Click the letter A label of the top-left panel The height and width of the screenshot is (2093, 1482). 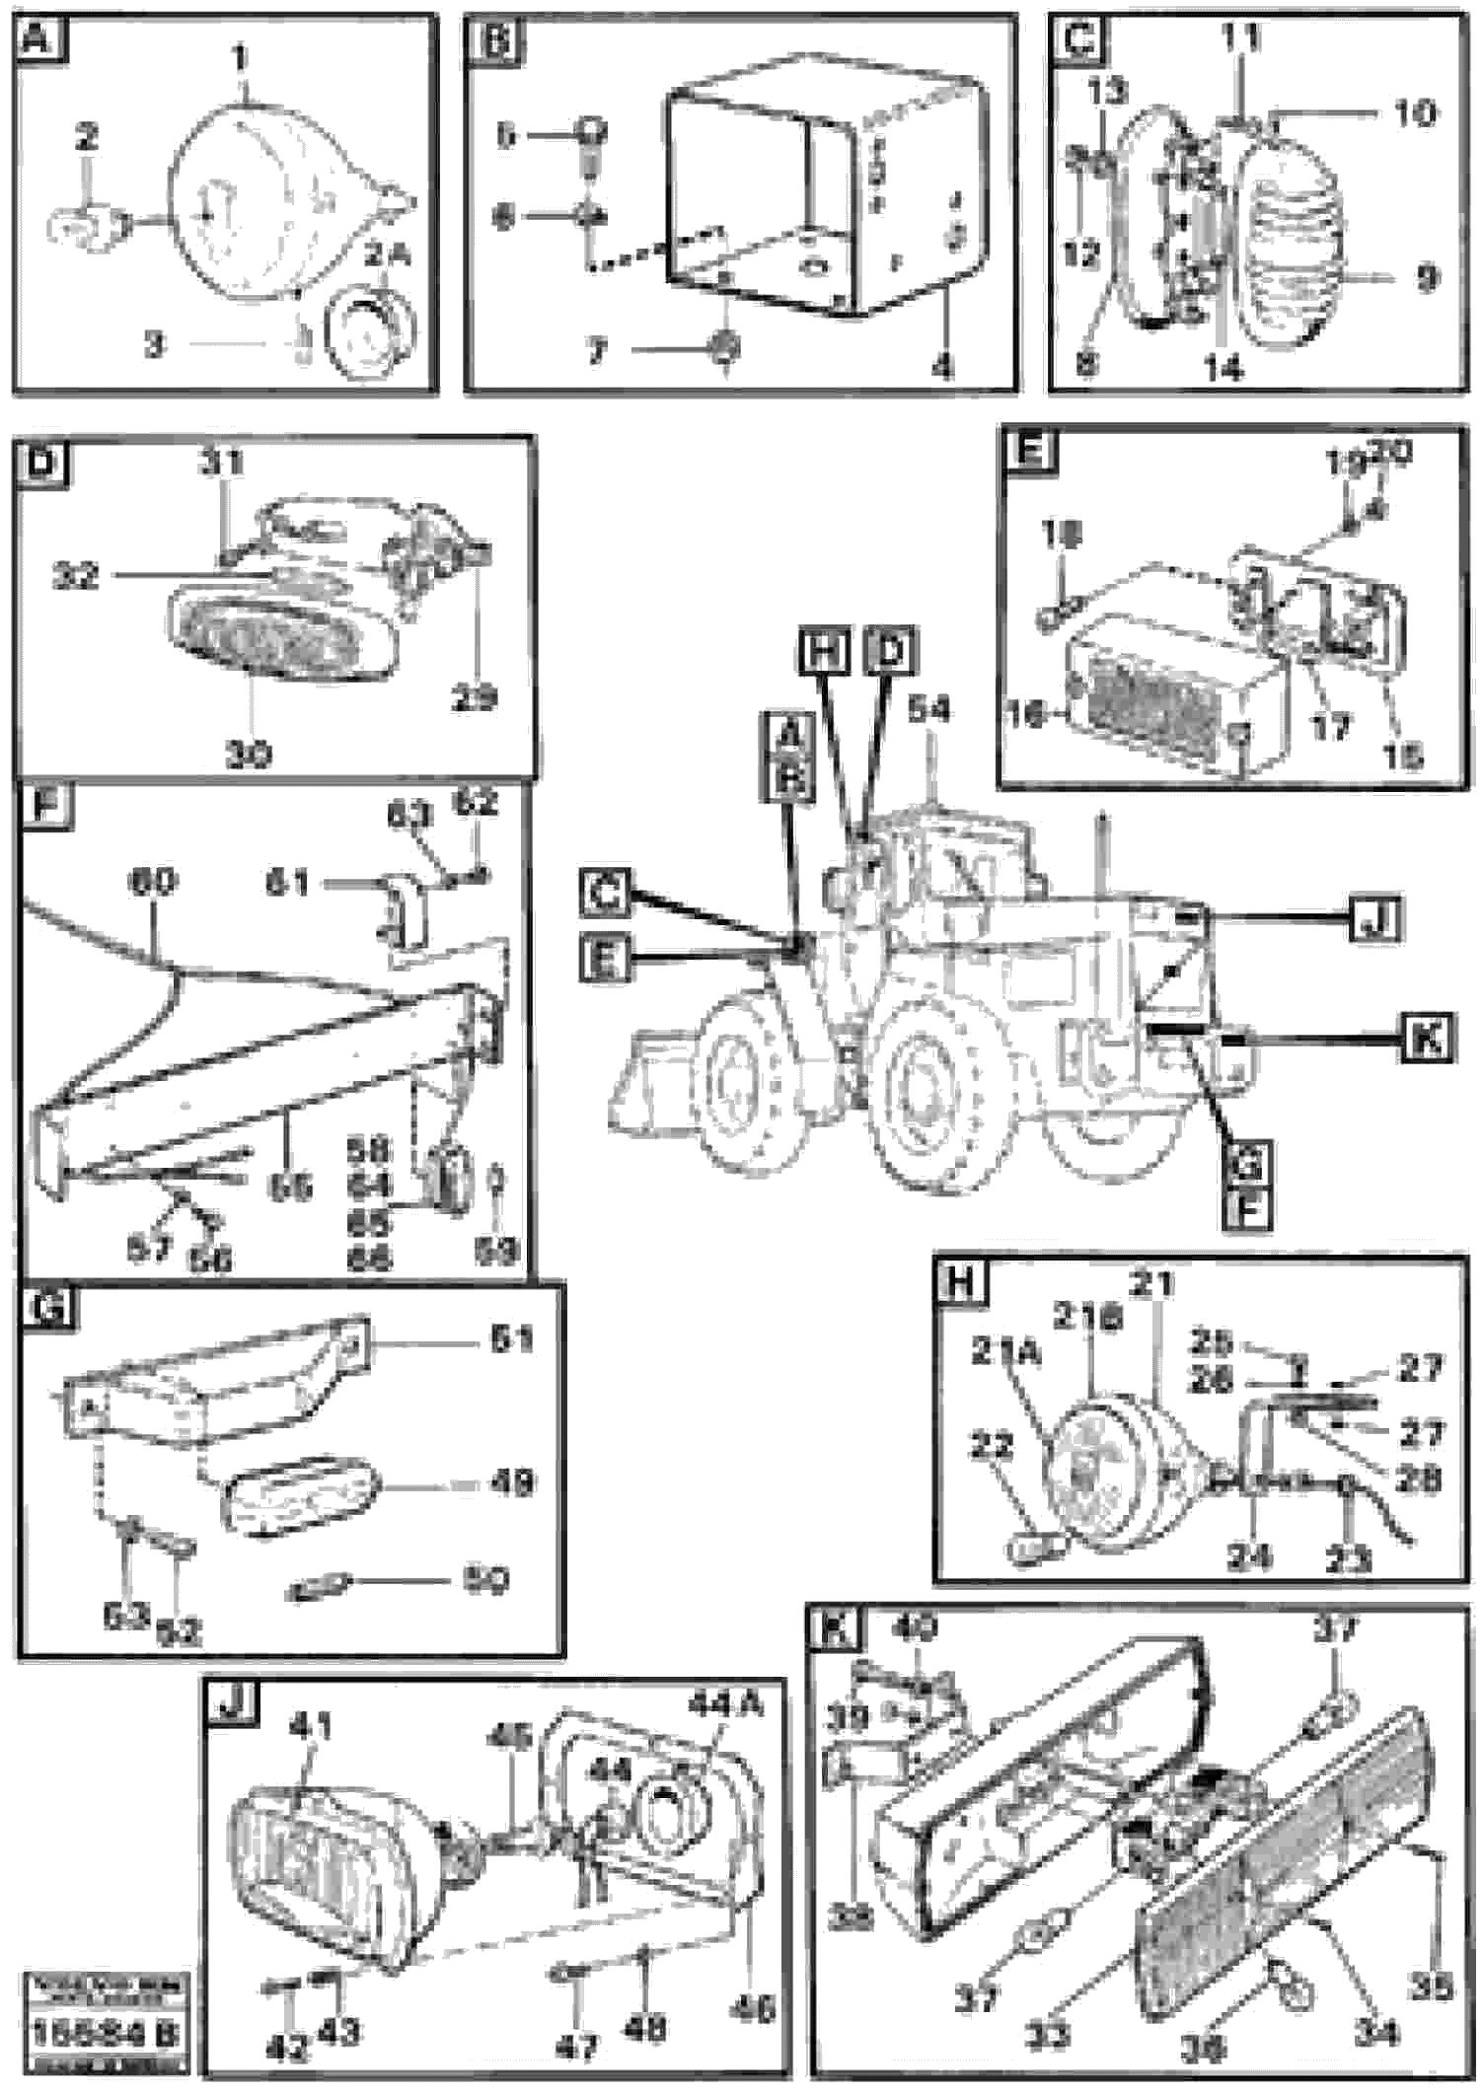coord(36,40)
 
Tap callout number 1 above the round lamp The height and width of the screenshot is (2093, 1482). coord(241,60)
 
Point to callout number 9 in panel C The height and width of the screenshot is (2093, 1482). coord(1427,279)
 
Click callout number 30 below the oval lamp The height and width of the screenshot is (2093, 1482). coord(248,756)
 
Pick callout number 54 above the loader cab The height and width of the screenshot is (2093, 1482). coord(928,710)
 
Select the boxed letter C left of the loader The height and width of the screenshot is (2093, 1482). coord(605,894)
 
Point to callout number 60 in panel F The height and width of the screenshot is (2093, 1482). coord(152,881)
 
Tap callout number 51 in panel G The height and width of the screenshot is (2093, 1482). coord(511,1339)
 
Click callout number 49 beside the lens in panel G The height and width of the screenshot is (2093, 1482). coord(511,1482)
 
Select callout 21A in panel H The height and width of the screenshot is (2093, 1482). coord(1005,1353)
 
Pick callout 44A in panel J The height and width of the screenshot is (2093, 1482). coord(725,1702)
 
